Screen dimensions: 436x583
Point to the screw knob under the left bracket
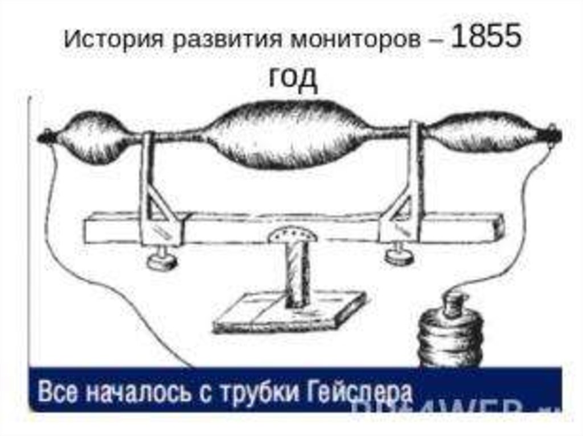pos(161,259)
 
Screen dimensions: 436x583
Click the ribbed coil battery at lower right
pos(450,335)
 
